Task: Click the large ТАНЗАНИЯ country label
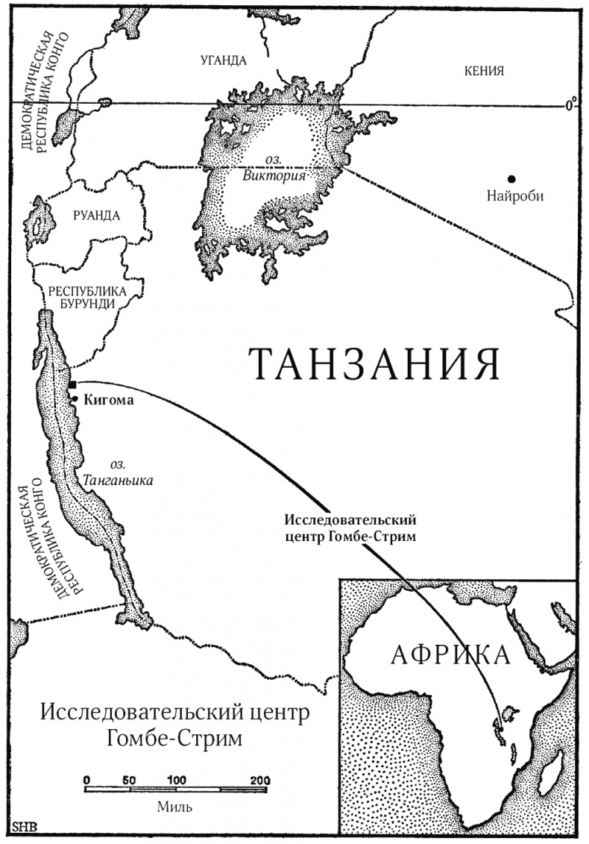374,364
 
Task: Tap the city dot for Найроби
511,178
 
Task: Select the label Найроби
514,197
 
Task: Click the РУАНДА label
96,215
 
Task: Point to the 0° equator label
571,104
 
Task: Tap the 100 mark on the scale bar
176,780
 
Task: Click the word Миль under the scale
174,807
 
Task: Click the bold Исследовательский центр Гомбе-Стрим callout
350,528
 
